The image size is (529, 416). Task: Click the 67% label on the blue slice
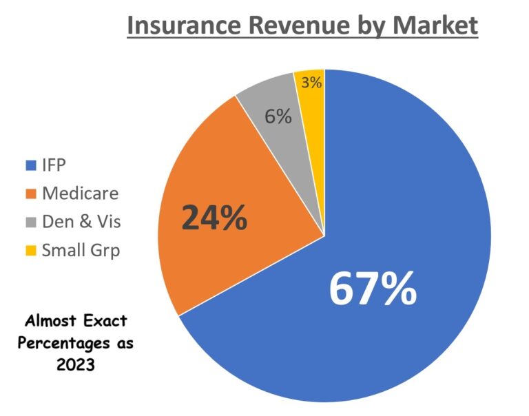[x=373, y=289]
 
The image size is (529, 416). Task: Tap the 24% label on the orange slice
[x=214, y=218]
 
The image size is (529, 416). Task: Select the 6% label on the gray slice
[x=278, y=116]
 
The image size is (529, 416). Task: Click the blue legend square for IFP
[x=30, y=166]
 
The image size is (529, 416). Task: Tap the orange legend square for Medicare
[x=30, y=194]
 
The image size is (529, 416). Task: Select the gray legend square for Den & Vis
[x=30, y=222]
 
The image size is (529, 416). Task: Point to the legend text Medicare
[x=80, y=194]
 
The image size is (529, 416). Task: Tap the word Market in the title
[x=436, y=26]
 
